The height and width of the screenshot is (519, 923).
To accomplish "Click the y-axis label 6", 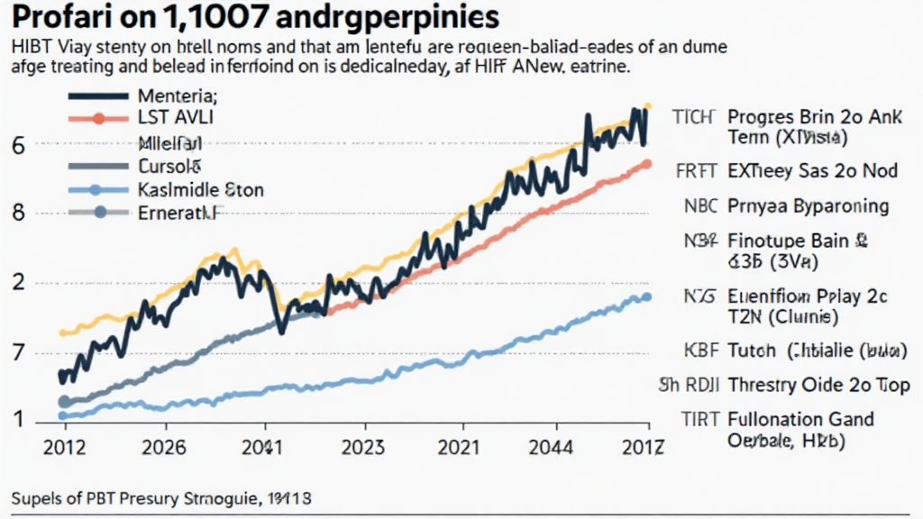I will click(18, 145).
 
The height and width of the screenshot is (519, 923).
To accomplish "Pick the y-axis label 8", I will click(18, 214).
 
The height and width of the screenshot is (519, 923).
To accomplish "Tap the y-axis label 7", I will click(18, 352).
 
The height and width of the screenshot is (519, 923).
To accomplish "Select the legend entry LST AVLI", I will click(170, 118).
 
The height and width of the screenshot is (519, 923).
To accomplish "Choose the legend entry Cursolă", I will click(170, 166).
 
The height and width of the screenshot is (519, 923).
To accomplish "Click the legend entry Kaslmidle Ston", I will click(200, 189).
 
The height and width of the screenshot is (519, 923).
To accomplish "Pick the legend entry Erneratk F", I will click(179, 213).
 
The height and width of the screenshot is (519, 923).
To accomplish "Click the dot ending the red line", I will click(646, 164).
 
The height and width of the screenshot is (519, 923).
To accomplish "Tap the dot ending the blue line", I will click(646, 297).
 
